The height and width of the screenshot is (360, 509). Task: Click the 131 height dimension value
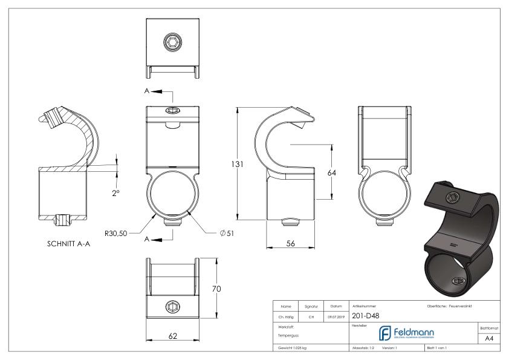[x=225, y=165]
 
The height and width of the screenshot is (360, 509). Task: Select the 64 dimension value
[x=331, y=172]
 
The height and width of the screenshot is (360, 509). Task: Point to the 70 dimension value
[x=216, y=289]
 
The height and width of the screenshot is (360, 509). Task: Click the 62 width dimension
[x=173, y=336]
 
